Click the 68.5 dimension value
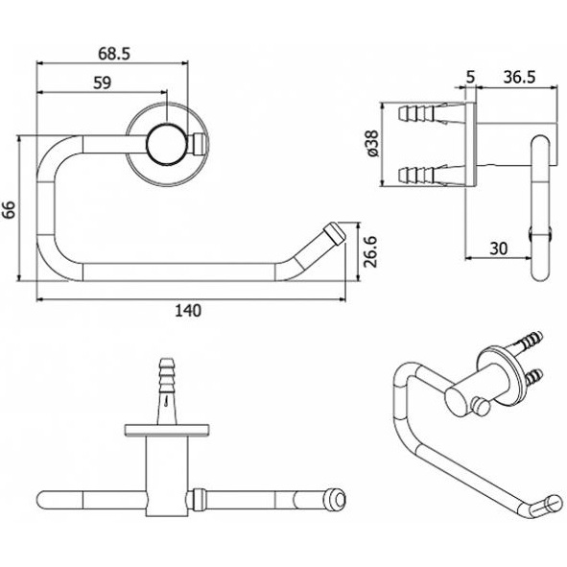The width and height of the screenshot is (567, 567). coord(114,55)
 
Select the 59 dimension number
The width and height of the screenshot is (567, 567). coord(102,83)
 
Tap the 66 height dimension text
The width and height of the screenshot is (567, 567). coord(9,209)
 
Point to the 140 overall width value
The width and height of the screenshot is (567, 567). coord(188,311)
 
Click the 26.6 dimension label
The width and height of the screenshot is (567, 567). coord(370,252)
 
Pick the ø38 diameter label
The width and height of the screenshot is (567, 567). coord(372,144)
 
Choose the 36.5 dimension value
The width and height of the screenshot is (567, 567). coord(519,78)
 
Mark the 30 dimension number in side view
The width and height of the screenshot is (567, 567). coord(499,248)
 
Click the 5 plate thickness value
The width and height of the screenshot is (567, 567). coord(470,78)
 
